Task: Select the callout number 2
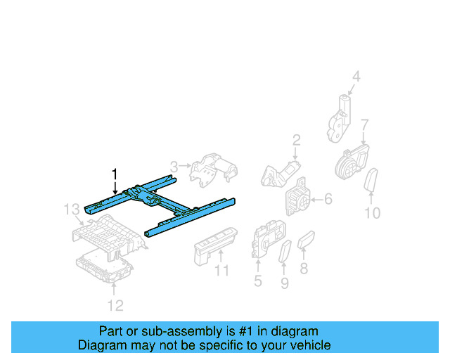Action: pos(296,139)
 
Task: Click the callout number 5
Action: pos(257,281)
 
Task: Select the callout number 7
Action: pos(364,126)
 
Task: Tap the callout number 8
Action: pos(304,268)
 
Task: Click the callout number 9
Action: pos(284,283)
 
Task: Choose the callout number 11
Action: pos(222,271)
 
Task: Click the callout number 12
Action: pos(115,304)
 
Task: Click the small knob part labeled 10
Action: pos(373,179)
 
